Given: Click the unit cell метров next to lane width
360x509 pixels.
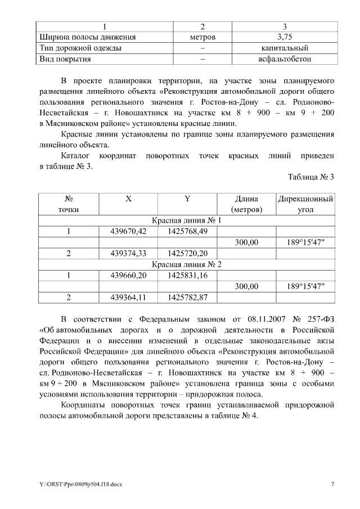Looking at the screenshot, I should [x=202, y=38].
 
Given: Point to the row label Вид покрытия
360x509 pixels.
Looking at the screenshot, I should [x=65, y=58].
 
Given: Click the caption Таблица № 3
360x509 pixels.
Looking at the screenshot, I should [x=311, y=177].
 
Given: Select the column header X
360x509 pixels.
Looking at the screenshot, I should [x=128, y=199].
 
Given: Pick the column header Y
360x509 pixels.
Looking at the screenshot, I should [x=187, y=199].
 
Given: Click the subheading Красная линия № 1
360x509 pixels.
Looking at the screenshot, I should [x=187, y=220].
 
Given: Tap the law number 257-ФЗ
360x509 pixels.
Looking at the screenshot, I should [x=318, y=318].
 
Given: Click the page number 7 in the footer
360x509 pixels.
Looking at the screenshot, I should [x=332, y=484].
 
